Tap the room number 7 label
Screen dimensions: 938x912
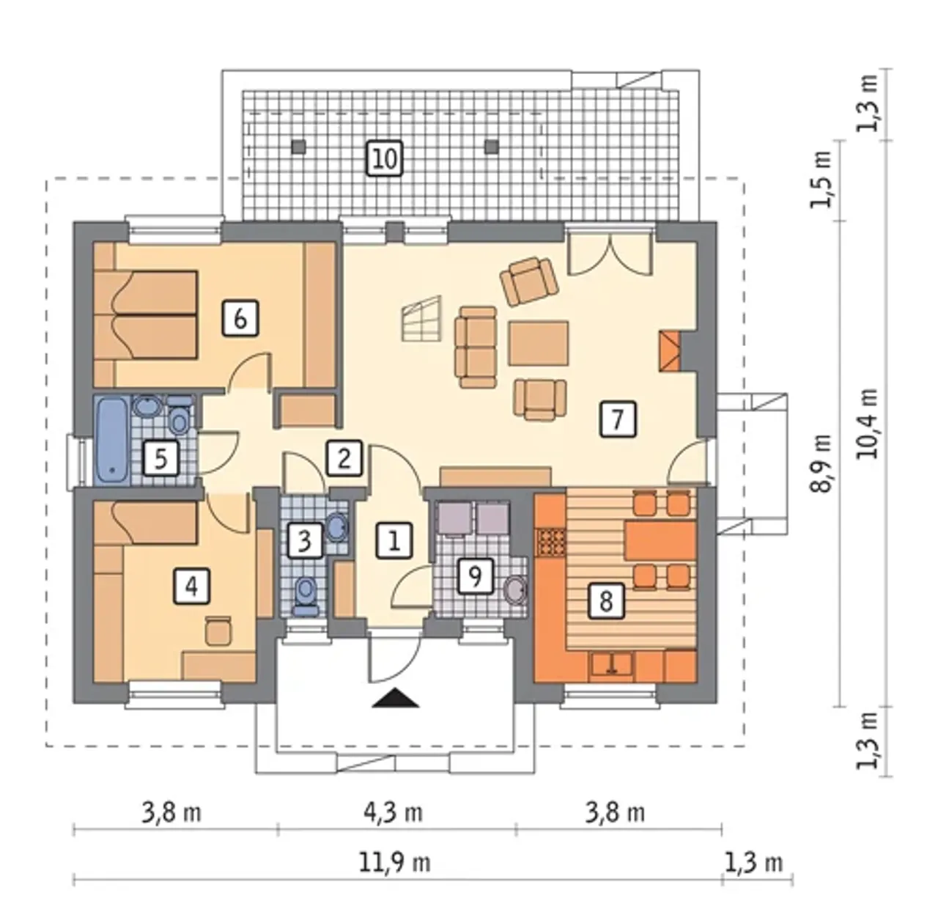point(618,419)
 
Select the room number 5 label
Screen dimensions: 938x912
point(161,458)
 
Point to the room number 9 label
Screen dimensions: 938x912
point(476,575)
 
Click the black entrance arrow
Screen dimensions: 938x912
point(396,698)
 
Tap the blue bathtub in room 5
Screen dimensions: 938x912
point(113,440)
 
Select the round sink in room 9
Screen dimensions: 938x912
point(516,589)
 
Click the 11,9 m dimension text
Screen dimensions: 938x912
point(395,862)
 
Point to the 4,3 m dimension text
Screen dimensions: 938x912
point(393,812)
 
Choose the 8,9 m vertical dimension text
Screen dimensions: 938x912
point(821,463)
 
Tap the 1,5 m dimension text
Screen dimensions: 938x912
point(821,180)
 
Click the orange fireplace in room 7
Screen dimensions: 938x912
point(670,350)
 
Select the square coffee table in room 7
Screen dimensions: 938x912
point(538,343)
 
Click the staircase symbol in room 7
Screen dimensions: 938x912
point(421,319)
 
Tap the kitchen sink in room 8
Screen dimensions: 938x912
point(613,666)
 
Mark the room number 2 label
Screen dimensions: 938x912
point(344,459)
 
